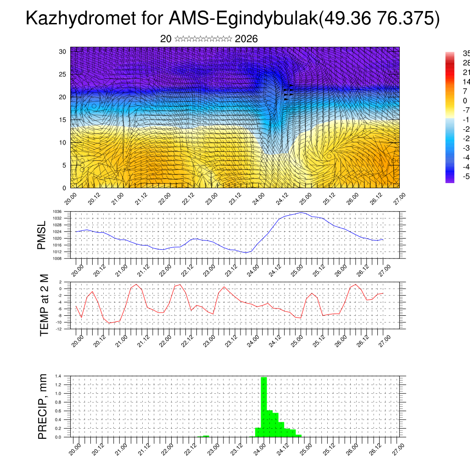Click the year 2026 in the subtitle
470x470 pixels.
point(246,39)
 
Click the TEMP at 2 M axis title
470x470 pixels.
point(44,305)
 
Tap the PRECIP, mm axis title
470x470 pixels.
point(42,406)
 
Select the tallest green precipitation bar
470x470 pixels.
point(264,406)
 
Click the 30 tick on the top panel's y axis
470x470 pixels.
point(63,51)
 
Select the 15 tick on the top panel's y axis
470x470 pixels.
point(63,120)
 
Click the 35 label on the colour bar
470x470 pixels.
point(465,53)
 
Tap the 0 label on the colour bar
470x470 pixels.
point(464,101)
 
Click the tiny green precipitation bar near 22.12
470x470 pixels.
point(206,436)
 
